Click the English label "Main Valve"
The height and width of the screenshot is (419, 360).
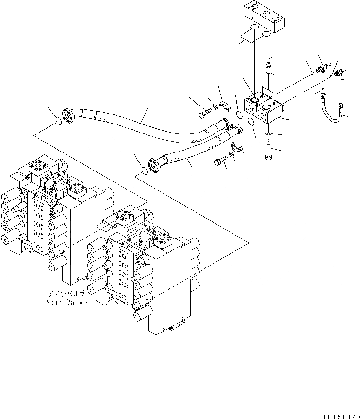point(66,302)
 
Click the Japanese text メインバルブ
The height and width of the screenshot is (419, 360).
point(66,295)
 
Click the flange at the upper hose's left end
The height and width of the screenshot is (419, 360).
point(71,114)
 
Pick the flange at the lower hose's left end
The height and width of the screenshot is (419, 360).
point(154,166)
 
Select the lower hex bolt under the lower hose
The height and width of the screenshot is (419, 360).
point(219,162)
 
